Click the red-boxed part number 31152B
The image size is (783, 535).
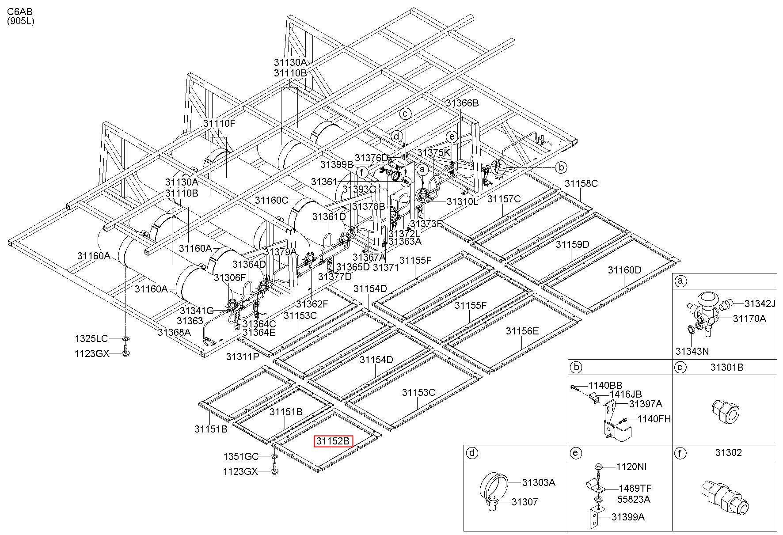point(333,441)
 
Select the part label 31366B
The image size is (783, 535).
point(462,103)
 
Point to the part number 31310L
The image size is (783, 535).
point(462,201)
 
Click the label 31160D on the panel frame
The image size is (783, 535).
point(624,270)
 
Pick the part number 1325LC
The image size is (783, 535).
point(91,338)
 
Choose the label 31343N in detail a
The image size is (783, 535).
point(692,351)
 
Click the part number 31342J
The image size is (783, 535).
point(760,304)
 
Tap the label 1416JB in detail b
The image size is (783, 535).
point(626,394)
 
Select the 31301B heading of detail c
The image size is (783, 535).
point(727,367)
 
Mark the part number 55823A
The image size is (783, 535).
point(634,499)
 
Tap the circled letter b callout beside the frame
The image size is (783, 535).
point(561,167)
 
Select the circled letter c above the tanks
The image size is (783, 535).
point(405,114)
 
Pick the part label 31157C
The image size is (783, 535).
point(504,199)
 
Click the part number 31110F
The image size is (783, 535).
point(219,123)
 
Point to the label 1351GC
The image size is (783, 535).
point(241,456)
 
